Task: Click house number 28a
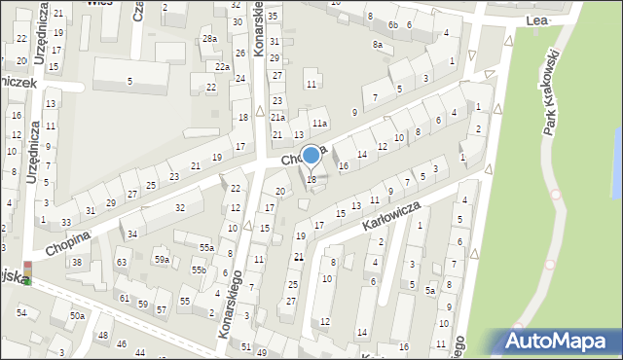(209, 38)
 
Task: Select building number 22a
(223, 66)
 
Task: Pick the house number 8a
(377, 45)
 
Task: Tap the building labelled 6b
(393, 24)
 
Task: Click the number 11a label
(319, 123)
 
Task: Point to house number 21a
(277, 117)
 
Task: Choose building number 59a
(162, 260)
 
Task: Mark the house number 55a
(206, 248)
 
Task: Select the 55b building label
(198, 270)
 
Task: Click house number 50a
(77, 315)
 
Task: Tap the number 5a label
(429, 289)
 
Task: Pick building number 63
(122, 263)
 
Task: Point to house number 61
(124, 298)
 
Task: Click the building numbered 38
(77, 263)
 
